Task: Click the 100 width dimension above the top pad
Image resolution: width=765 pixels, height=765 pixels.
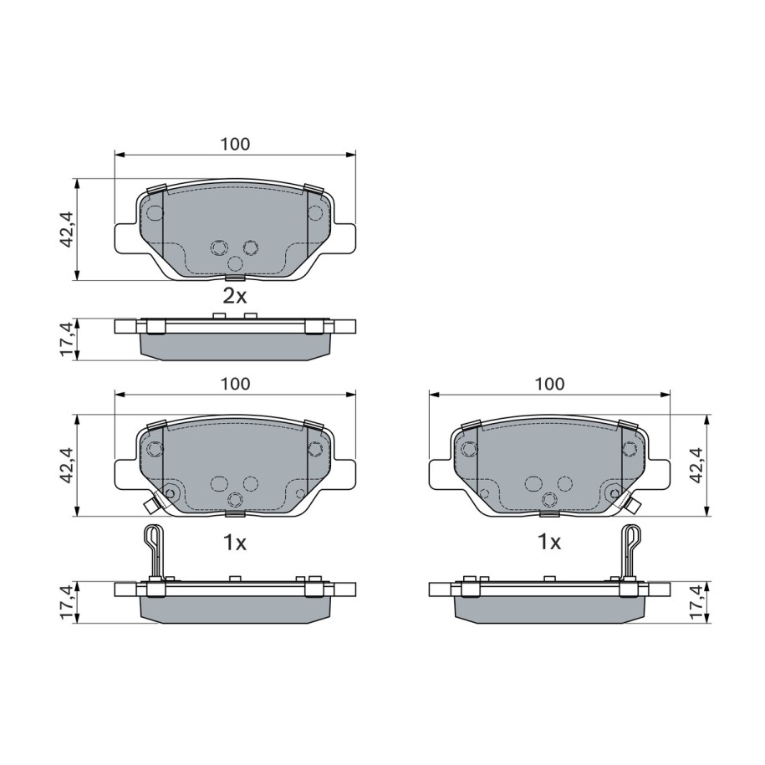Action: (x=235, y=145)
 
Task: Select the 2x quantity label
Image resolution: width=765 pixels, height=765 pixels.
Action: (x=235, y=296)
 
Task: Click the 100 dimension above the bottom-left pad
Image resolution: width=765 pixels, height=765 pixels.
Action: (x=235, y=384)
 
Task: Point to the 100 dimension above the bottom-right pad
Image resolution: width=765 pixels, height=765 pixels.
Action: (x=549, y=384)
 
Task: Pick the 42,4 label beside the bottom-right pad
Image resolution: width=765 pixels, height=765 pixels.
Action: (x=696, y=465)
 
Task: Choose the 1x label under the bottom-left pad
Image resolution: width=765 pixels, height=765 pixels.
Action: (x=235, y=543)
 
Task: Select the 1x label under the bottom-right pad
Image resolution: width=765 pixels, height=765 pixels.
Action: (x=549, y=543)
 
